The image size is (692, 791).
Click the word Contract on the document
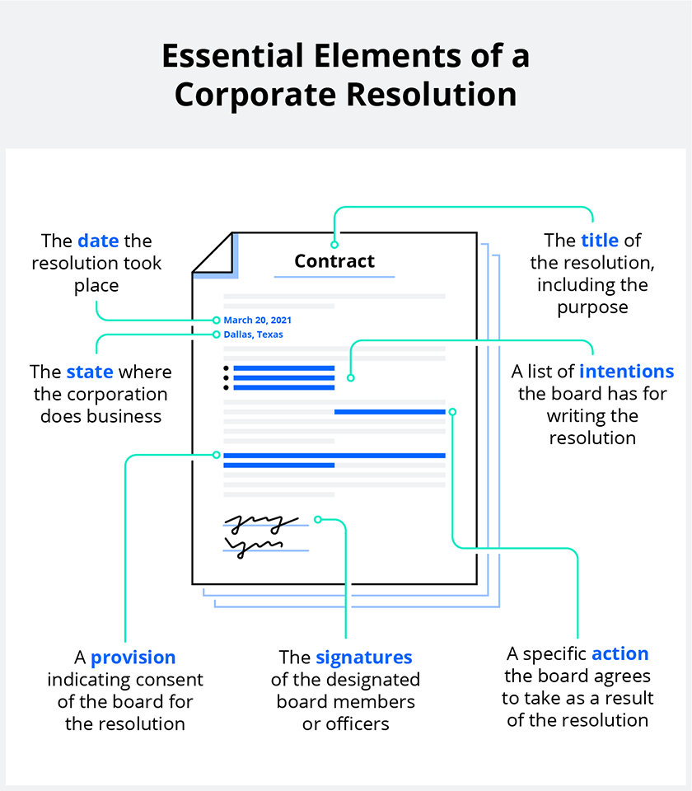click(334, 261)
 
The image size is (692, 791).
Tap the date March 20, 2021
click(257, 320)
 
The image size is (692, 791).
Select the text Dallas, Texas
click(253, 335)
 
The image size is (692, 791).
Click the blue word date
click(98, 241)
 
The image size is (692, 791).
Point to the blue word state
click(90, 372)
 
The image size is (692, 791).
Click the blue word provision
click(133, 658)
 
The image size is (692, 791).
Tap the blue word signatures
click(363, 658)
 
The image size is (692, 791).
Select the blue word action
click(620, 653)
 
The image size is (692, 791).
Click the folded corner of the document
click(213, 252)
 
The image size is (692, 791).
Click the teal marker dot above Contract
click(334, 244)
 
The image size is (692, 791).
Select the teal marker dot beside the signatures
click(318, 520)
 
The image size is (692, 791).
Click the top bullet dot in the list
click(226, 368)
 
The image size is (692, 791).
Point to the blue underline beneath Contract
click(334, 277)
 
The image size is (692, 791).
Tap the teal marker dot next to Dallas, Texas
click(216, 335)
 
